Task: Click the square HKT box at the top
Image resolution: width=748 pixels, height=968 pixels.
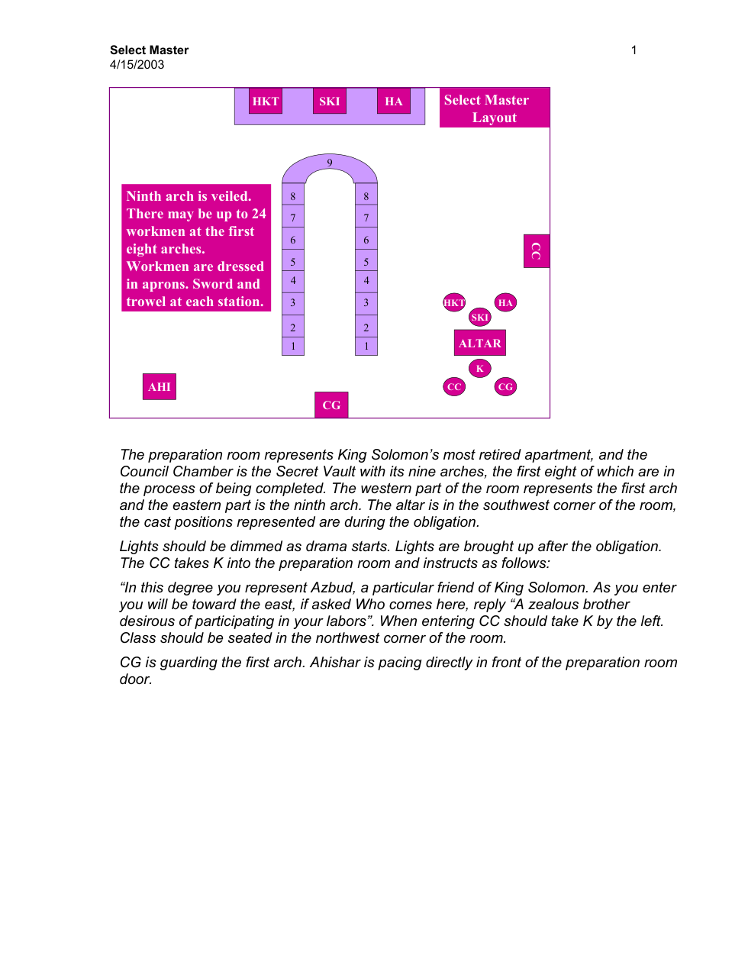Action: coord(266,101)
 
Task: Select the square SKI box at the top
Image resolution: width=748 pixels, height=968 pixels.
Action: coord(330,101)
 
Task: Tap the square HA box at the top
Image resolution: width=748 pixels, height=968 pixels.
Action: coord(394,101)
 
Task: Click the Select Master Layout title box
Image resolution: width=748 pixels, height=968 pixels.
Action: coord(495,108)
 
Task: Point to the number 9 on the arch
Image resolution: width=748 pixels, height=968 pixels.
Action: coord(330,163)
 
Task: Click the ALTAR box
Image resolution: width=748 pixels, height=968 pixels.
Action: coord(480,343)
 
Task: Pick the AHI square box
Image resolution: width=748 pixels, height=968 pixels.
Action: coord(160,386)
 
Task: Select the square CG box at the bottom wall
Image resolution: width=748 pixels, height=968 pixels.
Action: coord(331,405)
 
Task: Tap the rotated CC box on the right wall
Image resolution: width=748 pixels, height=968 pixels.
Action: coord(537,251)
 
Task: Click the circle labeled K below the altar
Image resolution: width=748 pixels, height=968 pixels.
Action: coord(480,369)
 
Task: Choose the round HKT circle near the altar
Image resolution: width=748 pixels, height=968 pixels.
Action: coord(454,302)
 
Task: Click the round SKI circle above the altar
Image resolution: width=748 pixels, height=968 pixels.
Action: coord(480,317)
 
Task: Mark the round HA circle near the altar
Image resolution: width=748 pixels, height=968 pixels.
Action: coord(505,302)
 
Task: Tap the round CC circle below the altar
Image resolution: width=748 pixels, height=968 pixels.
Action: coord(454,386)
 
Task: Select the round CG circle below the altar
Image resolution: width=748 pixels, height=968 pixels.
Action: coord(505,386)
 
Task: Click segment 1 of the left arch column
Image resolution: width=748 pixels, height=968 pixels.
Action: coord(293,346)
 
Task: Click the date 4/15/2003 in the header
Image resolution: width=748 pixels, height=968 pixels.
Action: coord(137,65)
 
